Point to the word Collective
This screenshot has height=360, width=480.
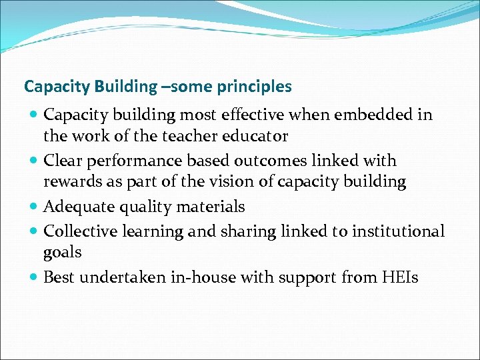pos(75,232)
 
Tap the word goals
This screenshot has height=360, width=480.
pos(63,253)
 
